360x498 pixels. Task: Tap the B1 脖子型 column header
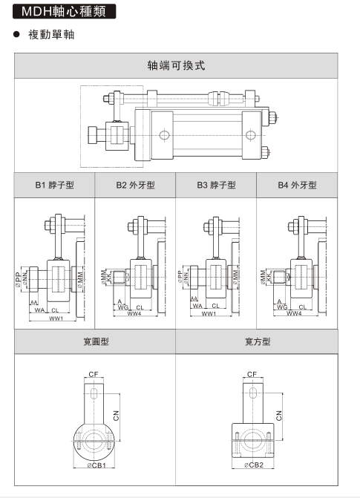pos(55,186)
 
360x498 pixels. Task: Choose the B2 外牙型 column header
pos(135,186)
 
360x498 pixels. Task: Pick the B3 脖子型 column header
pos(216,186)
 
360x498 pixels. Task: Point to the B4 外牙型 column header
pos(297,186)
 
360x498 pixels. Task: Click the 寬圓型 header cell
pos(96,341)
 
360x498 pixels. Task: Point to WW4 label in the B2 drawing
pos(134,314)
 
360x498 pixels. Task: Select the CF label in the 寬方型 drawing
pos(252,375)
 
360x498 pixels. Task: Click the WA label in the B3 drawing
pos(197,305)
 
